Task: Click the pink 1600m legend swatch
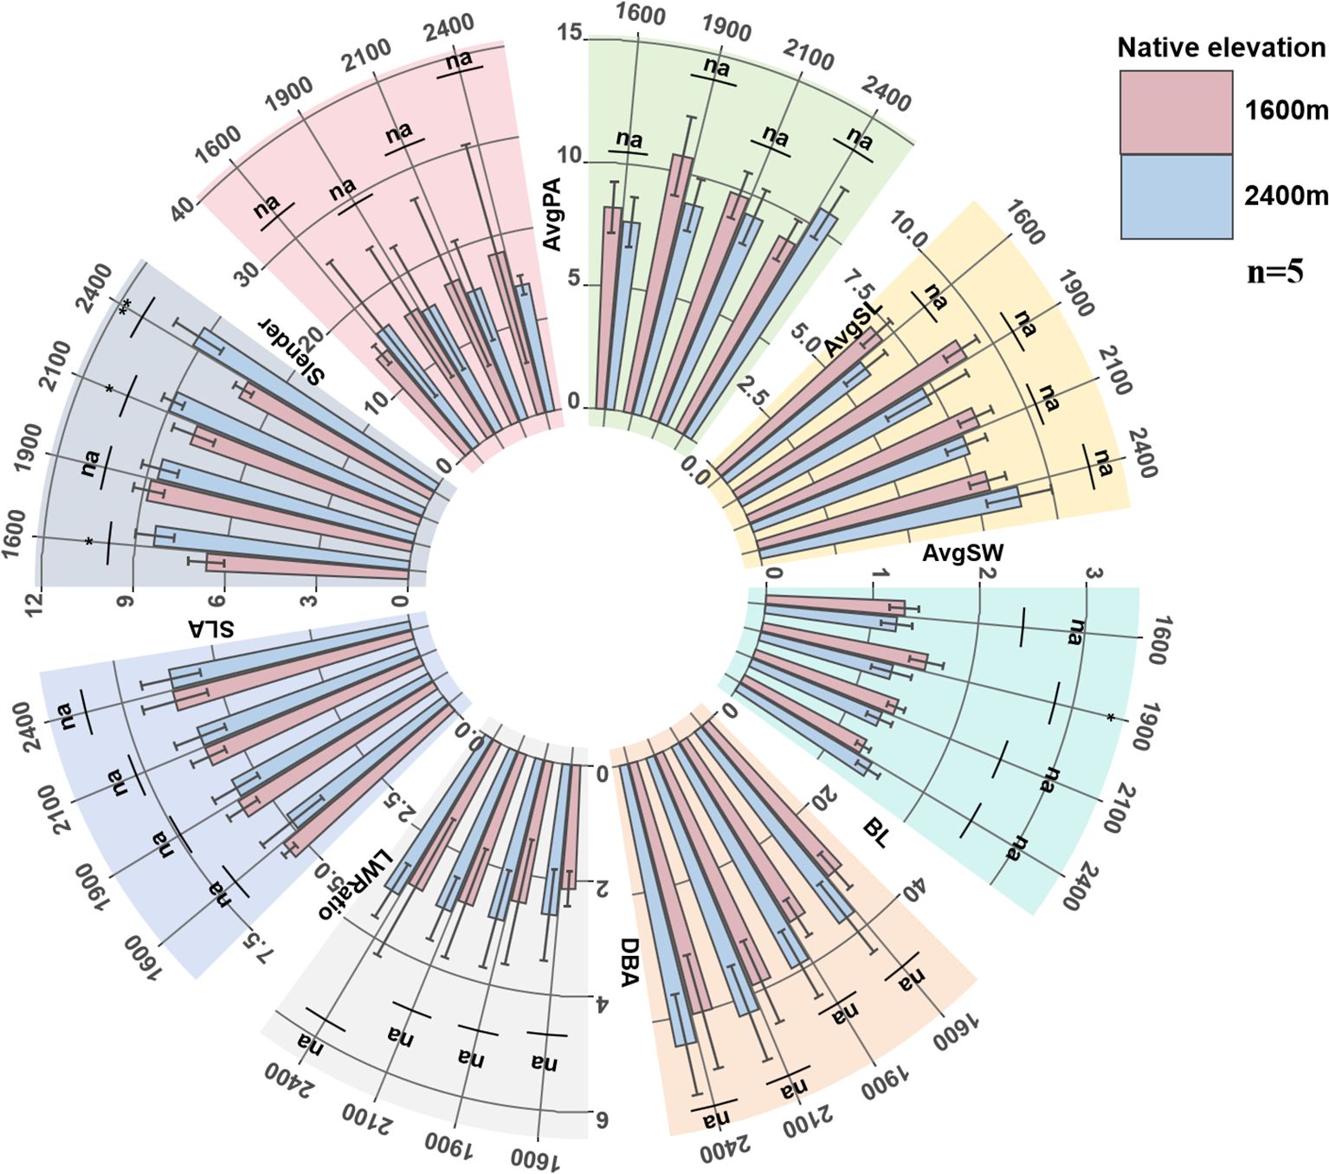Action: (1176, 112)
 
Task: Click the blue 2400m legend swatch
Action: (1176, 197)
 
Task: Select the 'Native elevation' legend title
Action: (1221, 48)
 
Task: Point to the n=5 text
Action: (1274, 272)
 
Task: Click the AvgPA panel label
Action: (552, 214)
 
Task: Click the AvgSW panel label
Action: (963, 552)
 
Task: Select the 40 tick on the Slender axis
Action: (182, 210)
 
